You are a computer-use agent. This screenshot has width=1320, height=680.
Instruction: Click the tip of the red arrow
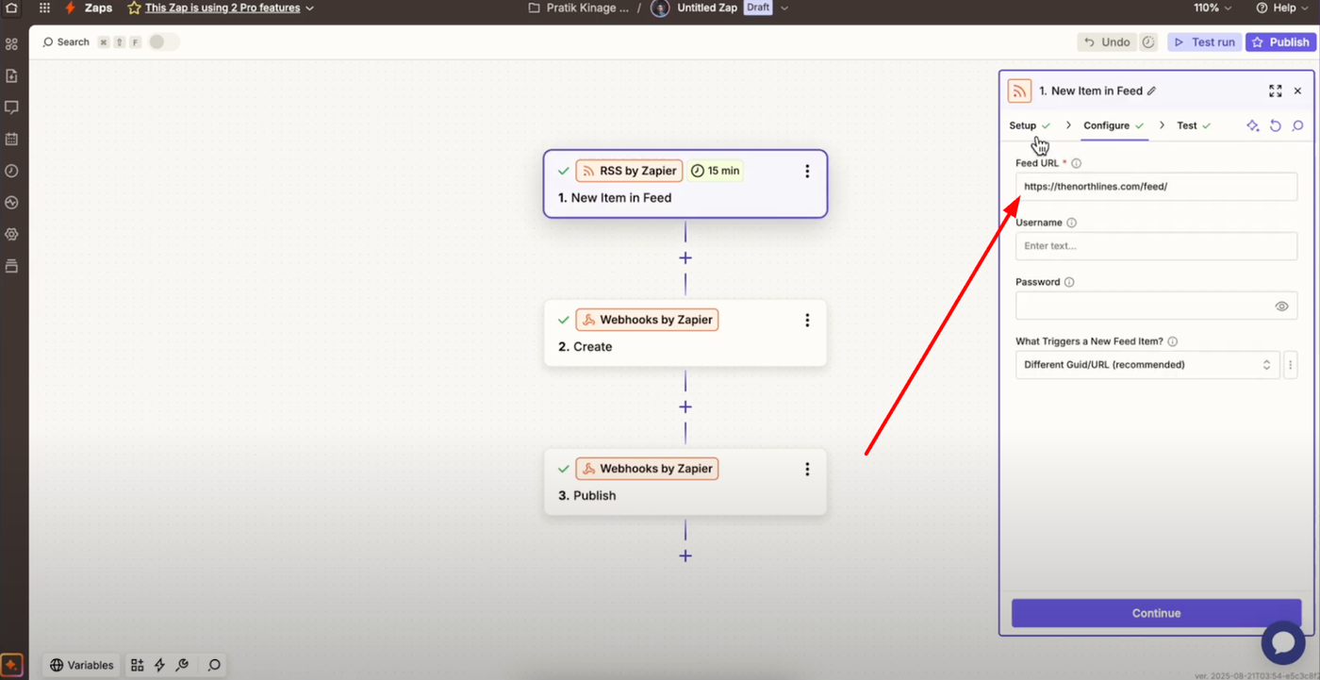point(1019,197)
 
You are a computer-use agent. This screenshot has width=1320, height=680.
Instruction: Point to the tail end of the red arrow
point(866,455)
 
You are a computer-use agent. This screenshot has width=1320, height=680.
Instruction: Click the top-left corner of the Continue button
point(1012,599)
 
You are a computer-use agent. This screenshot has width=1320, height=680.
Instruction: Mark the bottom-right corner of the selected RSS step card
point(828,218)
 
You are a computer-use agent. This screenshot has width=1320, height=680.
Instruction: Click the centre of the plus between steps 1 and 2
point(685,258)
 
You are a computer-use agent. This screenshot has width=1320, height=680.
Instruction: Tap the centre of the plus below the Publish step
point(685,556)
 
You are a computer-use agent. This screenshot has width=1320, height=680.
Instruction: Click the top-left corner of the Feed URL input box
point(1016,173)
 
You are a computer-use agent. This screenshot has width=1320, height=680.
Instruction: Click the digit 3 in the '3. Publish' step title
point(563,495)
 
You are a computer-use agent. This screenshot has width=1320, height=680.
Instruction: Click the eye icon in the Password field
point(1281,307)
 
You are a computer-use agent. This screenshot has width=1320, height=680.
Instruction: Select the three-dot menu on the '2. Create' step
point(807,320)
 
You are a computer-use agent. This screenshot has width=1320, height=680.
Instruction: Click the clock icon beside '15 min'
point(697,171)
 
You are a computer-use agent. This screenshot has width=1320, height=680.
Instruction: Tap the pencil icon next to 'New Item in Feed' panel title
point(1151,91)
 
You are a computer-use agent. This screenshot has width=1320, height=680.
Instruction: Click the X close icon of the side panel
point(1297,91)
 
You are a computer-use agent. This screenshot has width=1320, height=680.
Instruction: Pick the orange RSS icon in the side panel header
point(1019,91)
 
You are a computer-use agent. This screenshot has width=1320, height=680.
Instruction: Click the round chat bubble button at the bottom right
point(1283,642)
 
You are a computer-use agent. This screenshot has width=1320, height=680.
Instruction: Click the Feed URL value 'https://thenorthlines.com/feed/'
point(1096,186)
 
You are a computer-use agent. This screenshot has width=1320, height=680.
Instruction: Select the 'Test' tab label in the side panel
point(1186,125)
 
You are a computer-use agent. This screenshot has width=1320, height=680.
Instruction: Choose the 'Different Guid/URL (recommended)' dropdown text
point(1104,365)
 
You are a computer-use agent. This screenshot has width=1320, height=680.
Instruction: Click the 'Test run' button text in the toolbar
point(1213,42)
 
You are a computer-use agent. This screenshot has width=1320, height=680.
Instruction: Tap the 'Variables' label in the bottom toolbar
point(91,665)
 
